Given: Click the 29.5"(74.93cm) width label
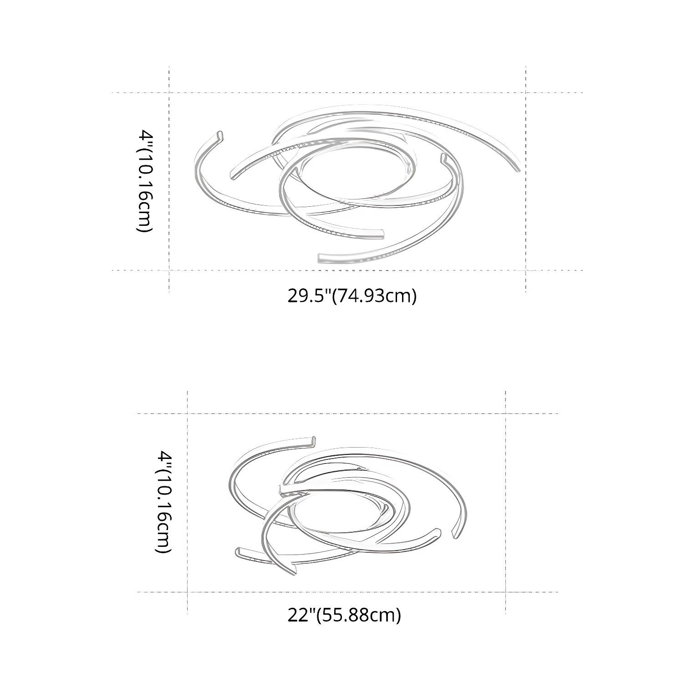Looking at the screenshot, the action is click(352, 296).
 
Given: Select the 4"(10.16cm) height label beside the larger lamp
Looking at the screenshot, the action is click(145, 181).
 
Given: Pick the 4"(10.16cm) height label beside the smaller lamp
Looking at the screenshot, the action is click(163, 502).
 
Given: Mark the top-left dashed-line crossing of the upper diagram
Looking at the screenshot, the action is click(169, 93).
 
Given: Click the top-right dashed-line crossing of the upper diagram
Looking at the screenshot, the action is click(526, 93).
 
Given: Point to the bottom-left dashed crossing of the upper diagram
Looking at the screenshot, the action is click(169, 270).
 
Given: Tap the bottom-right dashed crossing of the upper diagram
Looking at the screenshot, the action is click(526, 270).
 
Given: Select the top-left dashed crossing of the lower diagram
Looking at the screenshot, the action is click(188, 413).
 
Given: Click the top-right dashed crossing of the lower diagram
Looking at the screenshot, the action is click(506, 413).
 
